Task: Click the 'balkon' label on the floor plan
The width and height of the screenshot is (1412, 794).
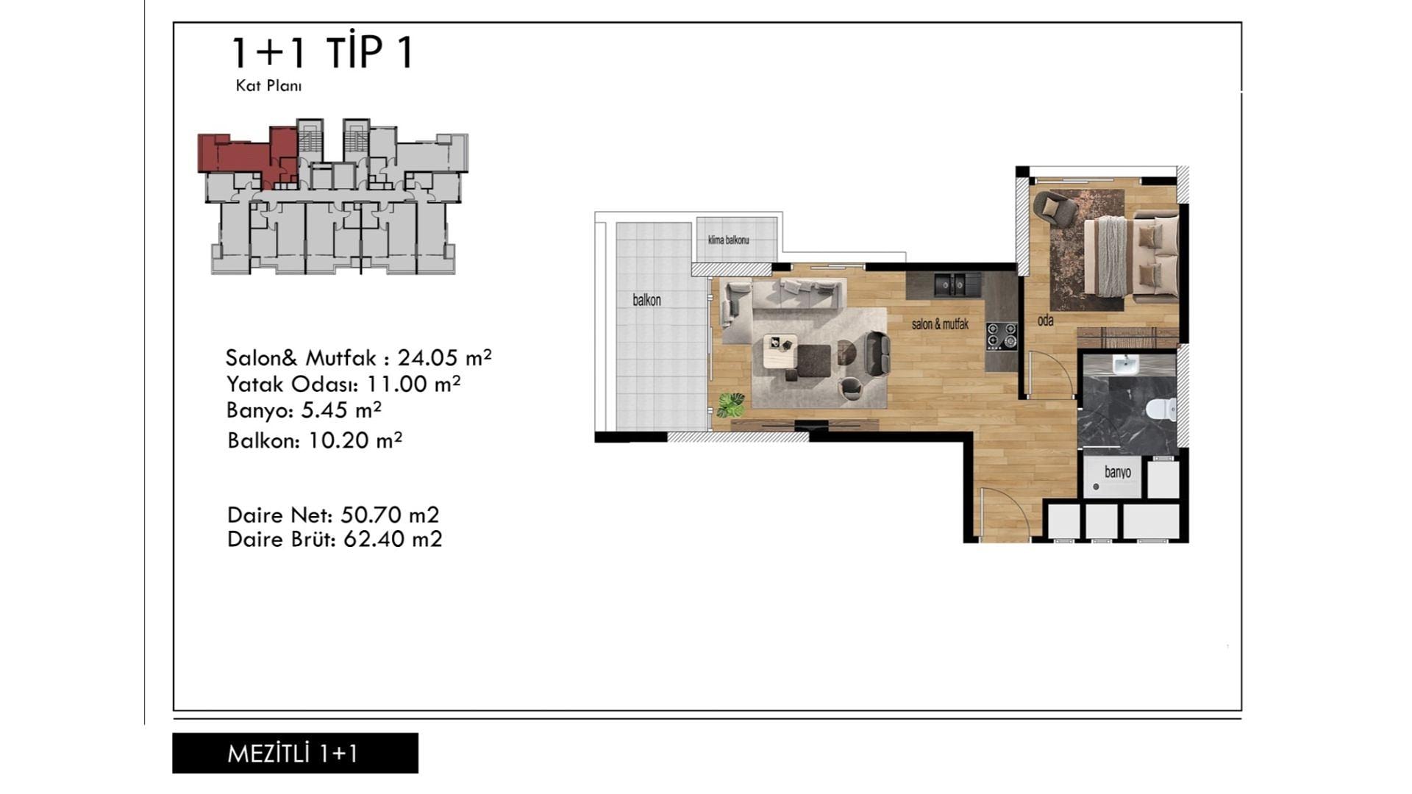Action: [647, 300]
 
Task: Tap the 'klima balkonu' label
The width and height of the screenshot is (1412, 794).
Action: [728, 240]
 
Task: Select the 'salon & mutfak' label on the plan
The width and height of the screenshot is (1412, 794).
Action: [940, 323]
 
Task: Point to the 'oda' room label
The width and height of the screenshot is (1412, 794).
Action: [1045, 321]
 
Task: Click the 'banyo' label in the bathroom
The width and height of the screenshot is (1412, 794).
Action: [1117, 472]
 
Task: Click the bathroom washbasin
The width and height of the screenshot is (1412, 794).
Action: [1125, 364]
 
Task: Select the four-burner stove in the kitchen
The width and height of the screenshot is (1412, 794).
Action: [1002, 335]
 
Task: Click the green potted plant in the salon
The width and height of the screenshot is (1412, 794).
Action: [731, 404]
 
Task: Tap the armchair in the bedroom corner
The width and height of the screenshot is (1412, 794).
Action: [1055, 207]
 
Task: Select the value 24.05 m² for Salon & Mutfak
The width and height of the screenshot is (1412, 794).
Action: [444, 357]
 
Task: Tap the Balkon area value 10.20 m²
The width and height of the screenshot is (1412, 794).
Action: [355, 440]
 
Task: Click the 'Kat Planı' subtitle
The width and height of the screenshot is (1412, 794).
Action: [268, 86]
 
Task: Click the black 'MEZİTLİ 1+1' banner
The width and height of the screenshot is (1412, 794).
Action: [295, 753]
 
